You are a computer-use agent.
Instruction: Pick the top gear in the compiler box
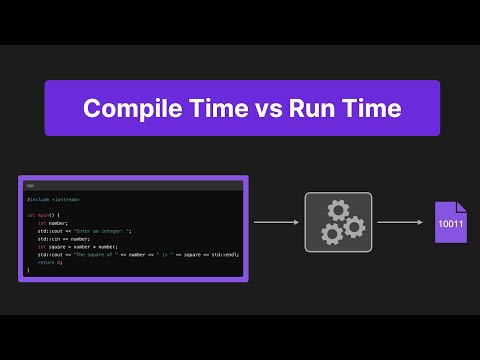pos(337,210)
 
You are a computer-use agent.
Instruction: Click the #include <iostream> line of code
pos(54,200)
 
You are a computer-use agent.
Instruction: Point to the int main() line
pos(44,215)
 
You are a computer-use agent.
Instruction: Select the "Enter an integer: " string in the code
pos(111,231)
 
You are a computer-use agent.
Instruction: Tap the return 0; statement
pos(48,262)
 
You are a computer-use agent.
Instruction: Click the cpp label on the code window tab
pos(31,185)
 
